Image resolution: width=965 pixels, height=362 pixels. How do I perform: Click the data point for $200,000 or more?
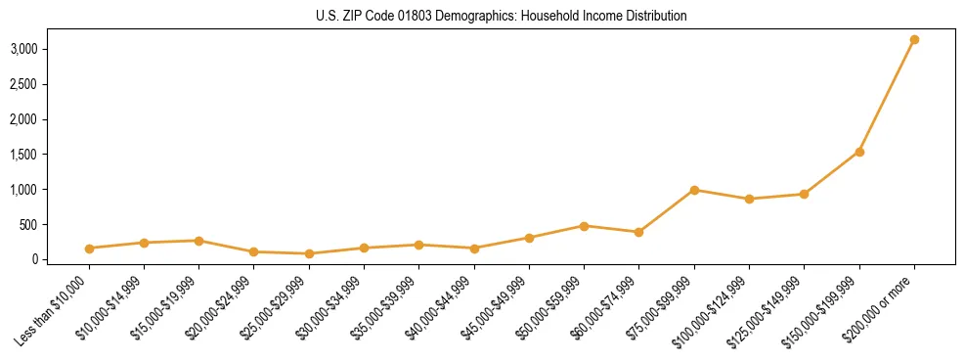[914, 40]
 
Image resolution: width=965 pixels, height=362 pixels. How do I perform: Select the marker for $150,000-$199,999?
[859, 152]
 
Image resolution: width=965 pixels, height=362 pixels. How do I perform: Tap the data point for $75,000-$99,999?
[694, 190]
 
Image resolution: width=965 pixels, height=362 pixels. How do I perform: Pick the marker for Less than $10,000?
[89, 249]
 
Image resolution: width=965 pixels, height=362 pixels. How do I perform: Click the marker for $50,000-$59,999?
[584, 226]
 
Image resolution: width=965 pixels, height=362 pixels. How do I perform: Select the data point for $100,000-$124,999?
[749, 199]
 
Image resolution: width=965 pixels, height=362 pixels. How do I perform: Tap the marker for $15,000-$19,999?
[198, 241]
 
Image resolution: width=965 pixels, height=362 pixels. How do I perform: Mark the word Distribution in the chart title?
[654, 16]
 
